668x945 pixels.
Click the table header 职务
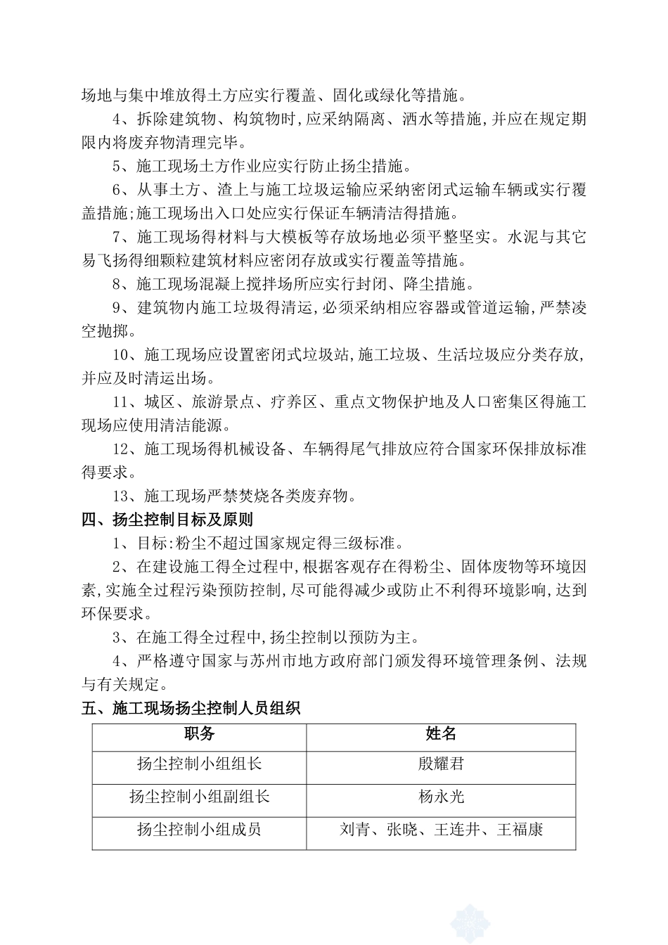click(199, 734)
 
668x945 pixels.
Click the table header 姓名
click(441, 734)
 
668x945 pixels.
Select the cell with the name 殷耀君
click(441, 764)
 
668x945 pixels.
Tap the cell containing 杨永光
click(441, 797)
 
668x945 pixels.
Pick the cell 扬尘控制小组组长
click(199, 764)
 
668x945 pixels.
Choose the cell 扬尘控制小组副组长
click(199, 797)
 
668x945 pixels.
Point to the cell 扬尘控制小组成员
click(199, 830)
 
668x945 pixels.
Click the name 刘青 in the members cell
click(355, 830)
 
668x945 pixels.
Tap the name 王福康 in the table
click(520, 830)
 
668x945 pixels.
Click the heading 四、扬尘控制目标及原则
click(167, 520)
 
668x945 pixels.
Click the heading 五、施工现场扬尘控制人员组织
click(191, 709)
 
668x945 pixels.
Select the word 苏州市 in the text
click(292, 662)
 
